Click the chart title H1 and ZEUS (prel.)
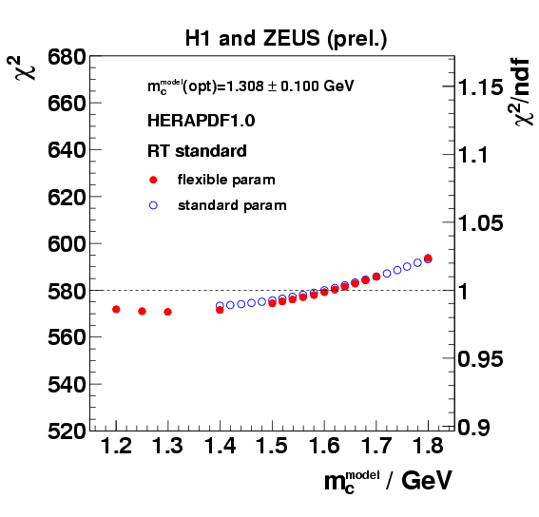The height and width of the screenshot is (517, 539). point(287,38)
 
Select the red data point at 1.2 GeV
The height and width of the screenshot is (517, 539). point(116,309)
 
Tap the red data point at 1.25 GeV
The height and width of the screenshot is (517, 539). point(142,311)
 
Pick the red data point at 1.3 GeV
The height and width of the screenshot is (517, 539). point(167,312)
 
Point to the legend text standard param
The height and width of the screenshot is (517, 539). point(231,204)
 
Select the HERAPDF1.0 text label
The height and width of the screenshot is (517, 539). point(201,121)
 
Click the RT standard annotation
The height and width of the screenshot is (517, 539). point(197,150)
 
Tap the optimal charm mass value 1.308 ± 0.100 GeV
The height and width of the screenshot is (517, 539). point(249,86)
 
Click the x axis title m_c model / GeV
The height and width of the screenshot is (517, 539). point(385,483)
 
